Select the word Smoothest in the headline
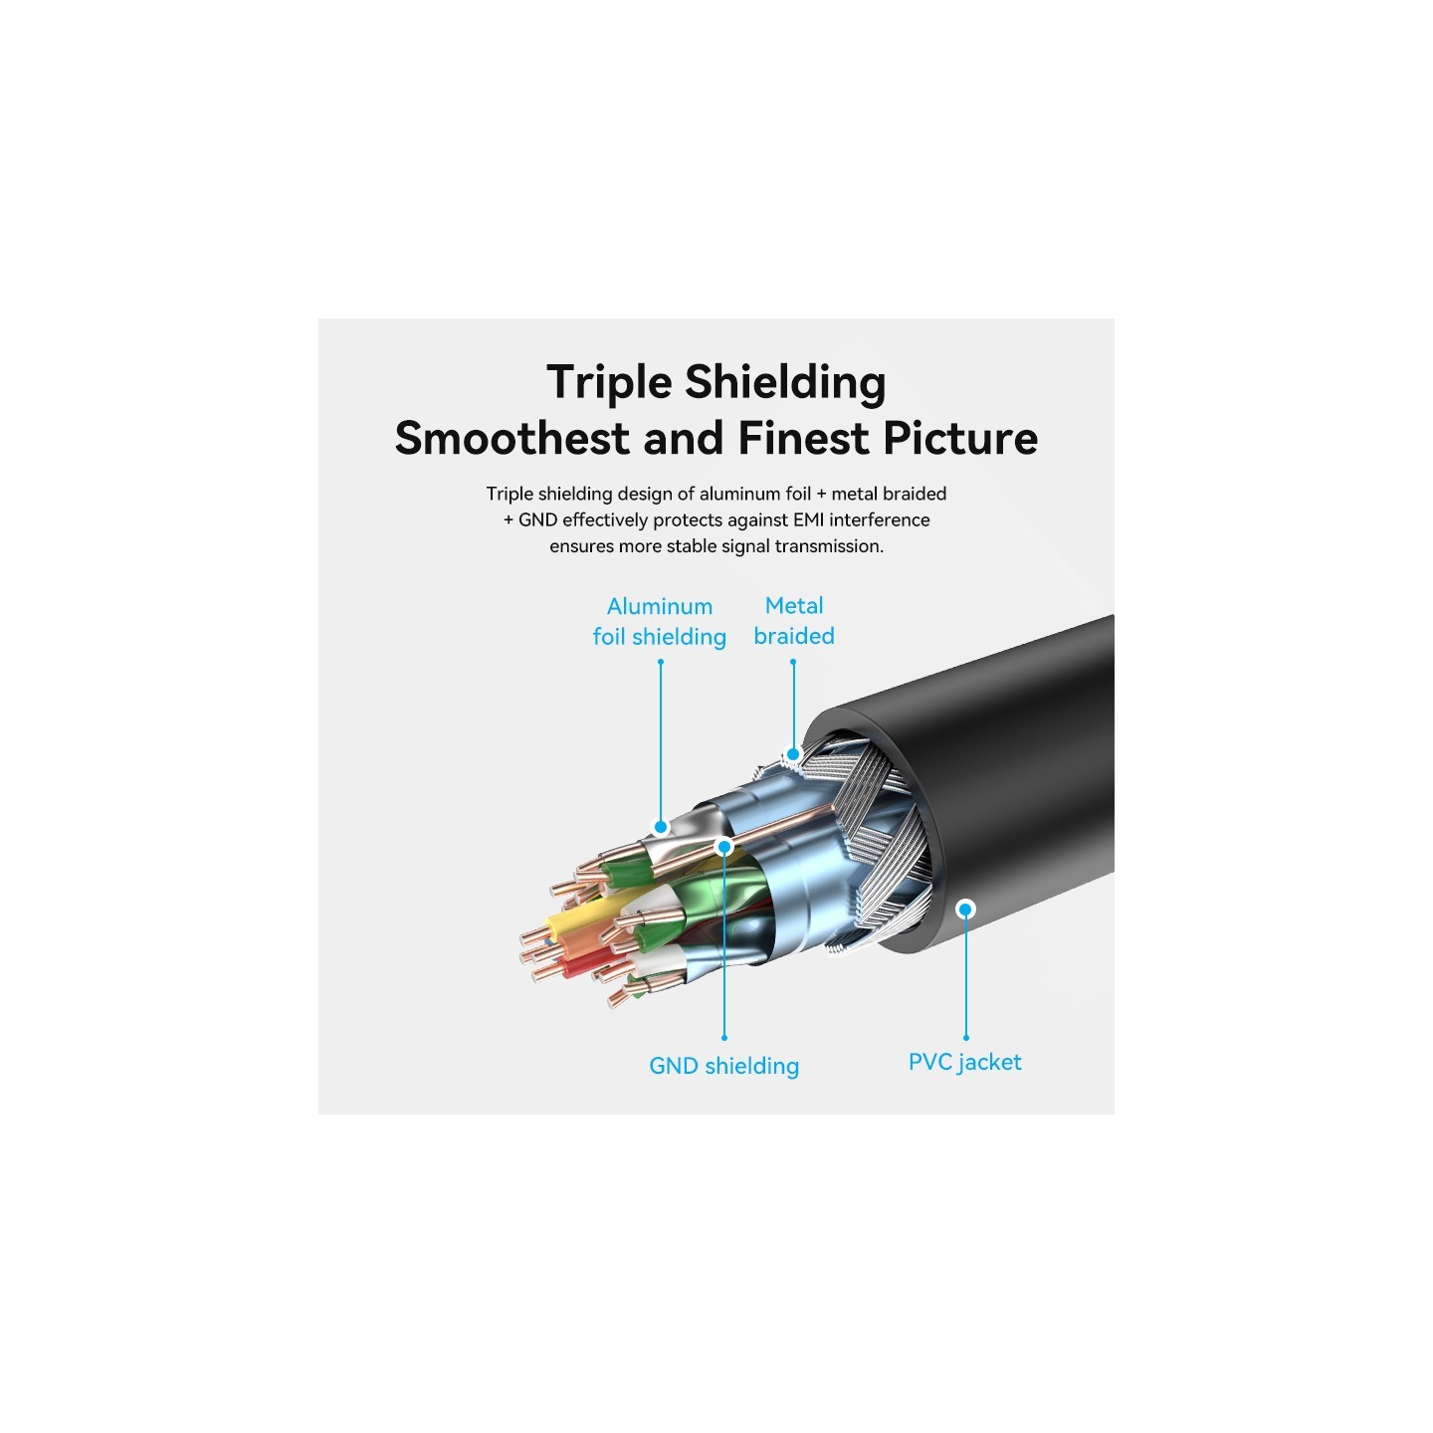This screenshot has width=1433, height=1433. pos(512,438)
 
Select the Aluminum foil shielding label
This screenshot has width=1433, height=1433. pos(660,622)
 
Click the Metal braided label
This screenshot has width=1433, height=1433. pos(794,621)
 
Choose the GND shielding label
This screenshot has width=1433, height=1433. pos(724,1066)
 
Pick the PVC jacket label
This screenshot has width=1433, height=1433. pos(965,1063)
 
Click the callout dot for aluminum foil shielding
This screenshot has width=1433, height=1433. pos(661,827)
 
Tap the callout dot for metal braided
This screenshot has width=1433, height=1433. pos(793,754)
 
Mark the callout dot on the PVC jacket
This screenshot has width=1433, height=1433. pos(966,909)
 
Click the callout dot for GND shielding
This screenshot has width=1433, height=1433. pos(724,846)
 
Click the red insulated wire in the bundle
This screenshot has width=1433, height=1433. pos(571,966)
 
